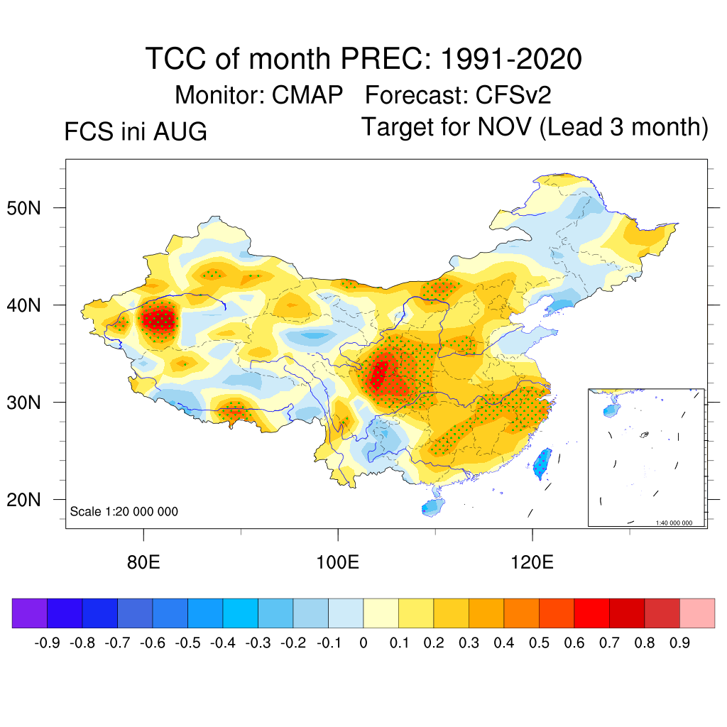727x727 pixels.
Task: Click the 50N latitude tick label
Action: pyautogui.click(x=23, y=208)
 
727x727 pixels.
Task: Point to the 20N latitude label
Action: pyautogui.click(x=23, y=500)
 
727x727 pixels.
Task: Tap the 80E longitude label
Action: pyautogui.click(x=143, y=562)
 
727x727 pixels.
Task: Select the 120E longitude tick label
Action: pyautogui.click(x=532, y=562)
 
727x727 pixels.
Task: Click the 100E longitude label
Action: pyautogui.click(x=337, y=562)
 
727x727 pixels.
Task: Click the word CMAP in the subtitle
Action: pyautogui.click(x=307, y=95)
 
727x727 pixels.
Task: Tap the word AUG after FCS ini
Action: pyautogui.click(x=180, y=131)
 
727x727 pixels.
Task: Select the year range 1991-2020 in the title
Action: pyautogui.click(x=511, y=59)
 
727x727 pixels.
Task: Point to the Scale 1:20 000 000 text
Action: pyautogui.click(x=124, y=511)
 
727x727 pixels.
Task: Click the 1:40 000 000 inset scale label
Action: pyautogui.click(x=674, y=523)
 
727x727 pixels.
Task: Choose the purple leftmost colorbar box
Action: pyautogui.click(x=30, y=613)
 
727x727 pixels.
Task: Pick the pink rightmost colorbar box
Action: pyautogui.click(x=697, y=613)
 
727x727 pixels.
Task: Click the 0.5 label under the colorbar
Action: pyautogui.click(x=539, y=643)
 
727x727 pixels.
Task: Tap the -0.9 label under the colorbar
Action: pyautogui.click(x=48, y=643)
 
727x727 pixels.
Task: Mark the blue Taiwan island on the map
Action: pyautogui.click(x=542, y=463)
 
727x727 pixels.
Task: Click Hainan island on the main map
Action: pyautogui.click(x=433, y=507)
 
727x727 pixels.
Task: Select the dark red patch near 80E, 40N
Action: pyautogui.click(x=159, y=319)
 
